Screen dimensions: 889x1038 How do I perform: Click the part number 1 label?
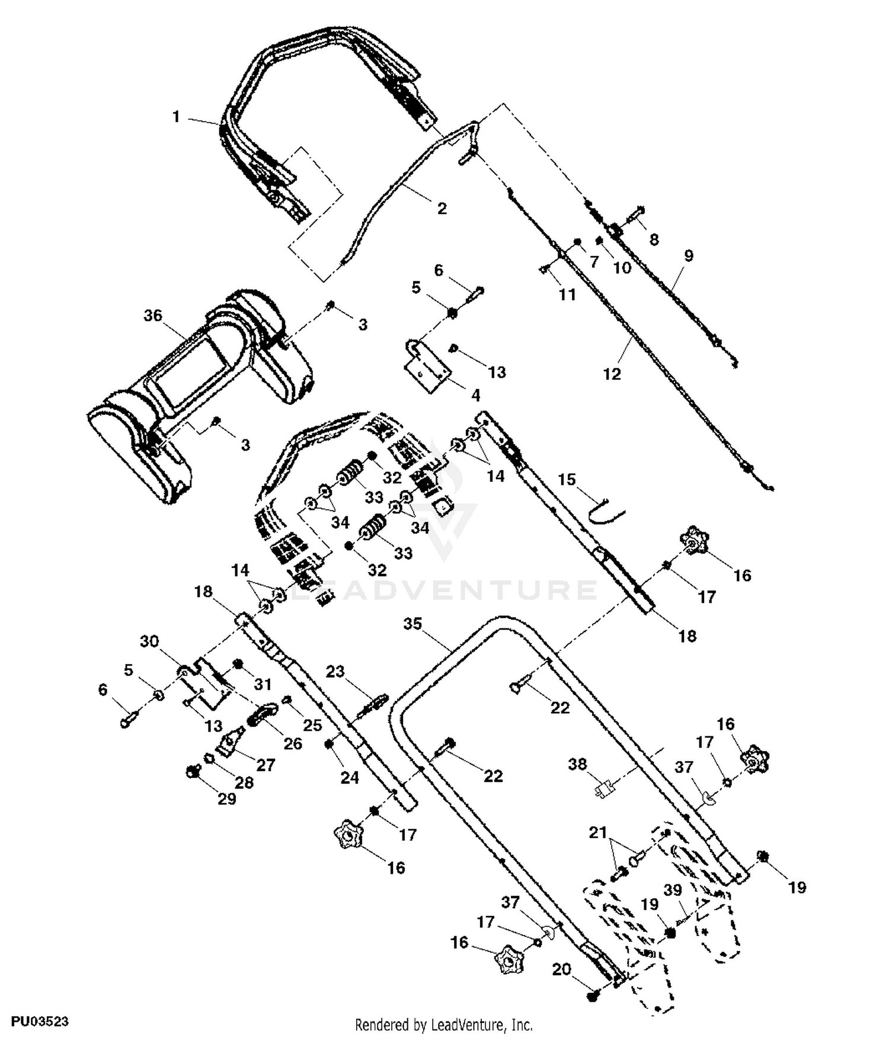pyautogui.click(x=176, y=117)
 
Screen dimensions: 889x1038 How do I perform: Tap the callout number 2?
pyautogui.click(x=442, y=208)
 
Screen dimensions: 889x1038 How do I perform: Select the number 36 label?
pyautogui.click(x=153, y=315)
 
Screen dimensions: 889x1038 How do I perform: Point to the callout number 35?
pyautogui.click(x=413, y=624)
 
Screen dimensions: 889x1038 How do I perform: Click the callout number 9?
pyautogui.click(x=688, y=255)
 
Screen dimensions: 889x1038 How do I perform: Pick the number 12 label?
pyautogui.click(x=612, y=374)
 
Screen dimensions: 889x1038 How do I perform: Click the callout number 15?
pyautogui.click(x=567, y=479)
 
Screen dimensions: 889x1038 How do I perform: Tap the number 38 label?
pyautogui.click(x=578, y=764)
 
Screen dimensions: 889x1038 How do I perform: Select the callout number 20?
pyautogui.click(x=562, y=969)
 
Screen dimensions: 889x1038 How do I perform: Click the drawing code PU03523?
pyautogui.click(x=40, y=1021)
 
